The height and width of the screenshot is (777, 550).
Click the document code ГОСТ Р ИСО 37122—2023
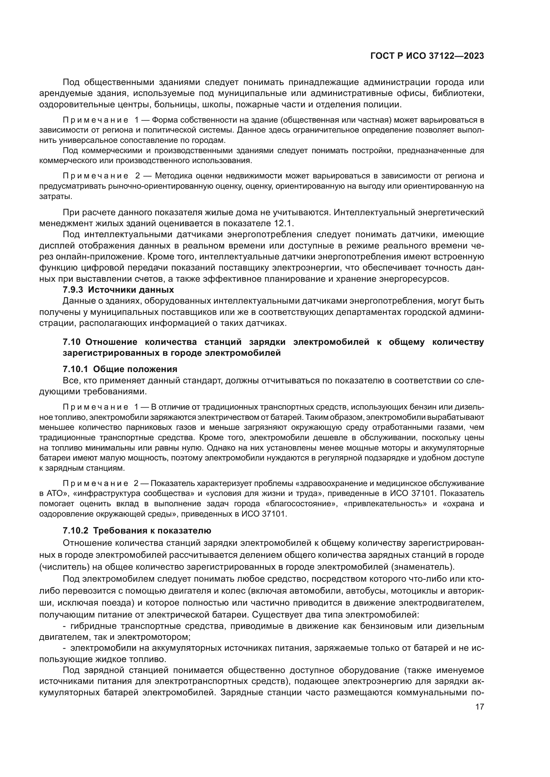tap(427, 56)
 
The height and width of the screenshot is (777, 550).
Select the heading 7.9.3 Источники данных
tap(118, 290)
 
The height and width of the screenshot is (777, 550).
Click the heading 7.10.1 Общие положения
tap(120, 369)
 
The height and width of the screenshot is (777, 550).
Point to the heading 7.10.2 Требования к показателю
tap(137, 530)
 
